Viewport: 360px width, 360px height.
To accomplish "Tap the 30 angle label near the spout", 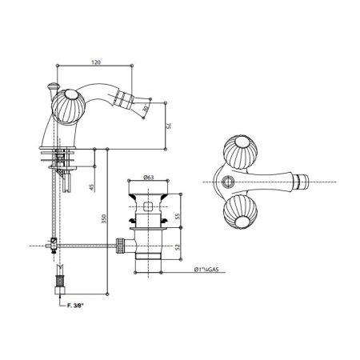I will (x=145, y=110).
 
